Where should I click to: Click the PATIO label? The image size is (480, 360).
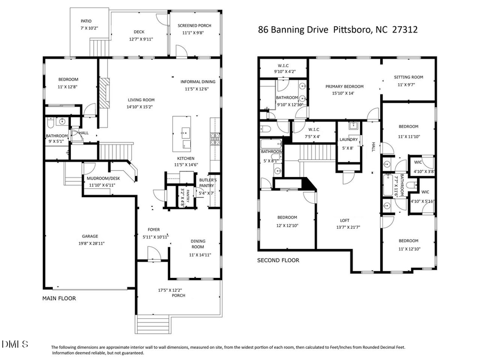click(86, 21)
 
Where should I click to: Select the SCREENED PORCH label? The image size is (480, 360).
click(194, 25)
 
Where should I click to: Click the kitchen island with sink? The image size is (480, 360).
click(184, 133)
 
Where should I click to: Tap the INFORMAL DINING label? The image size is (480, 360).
click(198, 82)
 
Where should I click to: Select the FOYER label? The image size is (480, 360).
click(154, 230)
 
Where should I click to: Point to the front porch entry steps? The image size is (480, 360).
click(153, 323)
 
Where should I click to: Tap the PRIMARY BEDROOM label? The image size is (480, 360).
click(345, 86)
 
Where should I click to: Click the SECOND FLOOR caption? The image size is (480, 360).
click(278, 260)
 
